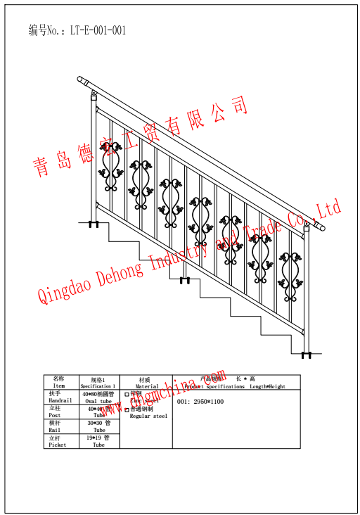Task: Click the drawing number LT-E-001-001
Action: click(x=98, y=30)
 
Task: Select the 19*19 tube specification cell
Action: click(x=98, y=441)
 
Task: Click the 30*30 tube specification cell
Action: click(x=98, y=426)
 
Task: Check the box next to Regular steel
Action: click(x=127, y=409)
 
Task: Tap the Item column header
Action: click(x=58, y=383)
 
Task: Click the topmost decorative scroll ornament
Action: click(x=110, y=167)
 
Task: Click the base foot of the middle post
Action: click(x=185, y=281)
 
